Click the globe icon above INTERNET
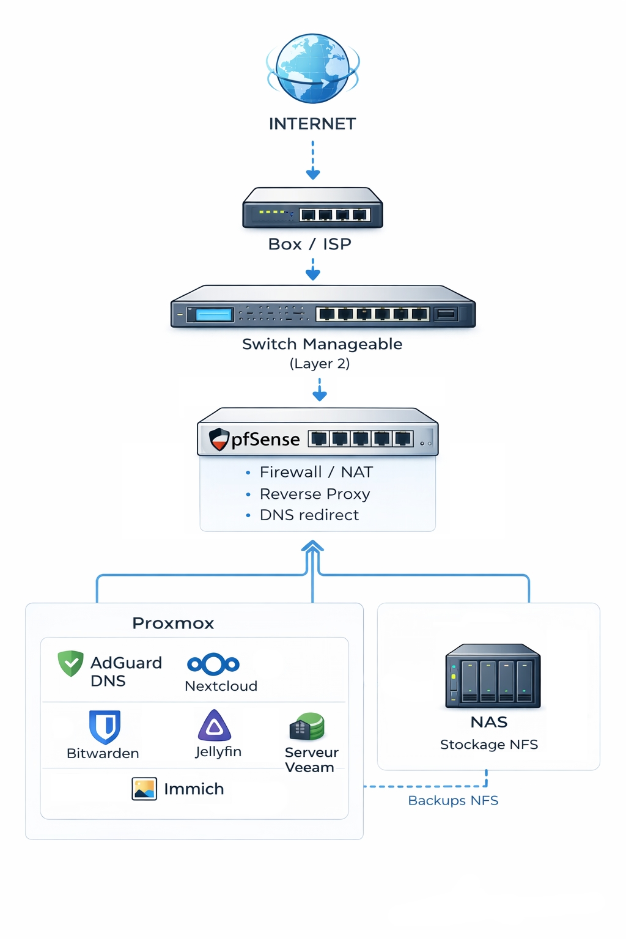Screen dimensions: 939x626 (312, 68)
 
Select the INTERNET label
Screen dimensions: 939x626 (312, 123)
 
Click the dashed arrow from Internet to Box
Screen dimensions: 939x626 (312, 160)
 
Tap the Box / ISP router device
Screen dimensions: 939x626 (312, 208)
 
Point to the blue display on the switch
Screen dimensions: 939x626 (214, 315)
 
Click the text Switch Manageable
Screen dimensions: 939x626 (322, 344)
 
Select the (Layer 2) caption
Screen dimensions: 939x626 (319, 364)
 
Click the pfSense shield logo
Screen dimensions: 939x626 (218, 439)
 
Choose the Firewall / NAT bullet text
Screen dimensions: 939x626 (315, 472)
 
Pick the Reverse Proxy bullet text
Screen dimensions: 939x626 (314, 494)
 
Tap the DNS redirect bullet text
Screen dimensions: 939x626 (309, 515)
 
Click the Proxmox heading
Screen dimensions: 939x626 (173, 623)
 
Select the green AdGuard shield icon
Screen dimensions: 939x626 (70, 663)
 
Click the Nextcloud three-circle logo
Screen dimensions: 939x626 (213, 664)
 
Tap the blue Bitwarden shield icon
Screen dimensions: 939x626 (105, 726)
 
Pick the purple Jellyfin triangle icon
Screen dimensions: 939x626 (215, 726)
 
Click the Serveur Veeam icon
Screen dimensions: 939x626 (307, 727)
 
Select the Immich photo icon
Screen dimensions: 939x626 (144, 789)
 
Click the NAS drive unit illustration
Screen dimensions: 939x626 (493, 676)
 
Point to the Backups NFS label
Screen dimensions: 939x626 (453, 800)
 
